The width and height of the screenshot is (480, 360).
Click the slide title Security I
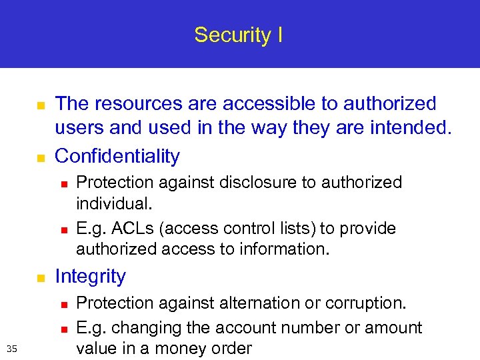[239, 35]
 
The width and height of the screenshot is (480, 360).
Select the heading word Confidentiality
[117, 156]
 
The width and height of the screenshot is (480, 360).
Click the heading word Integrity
[90, 276]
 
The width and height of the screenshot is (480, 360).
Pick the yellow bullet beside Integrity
[39, 277]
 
